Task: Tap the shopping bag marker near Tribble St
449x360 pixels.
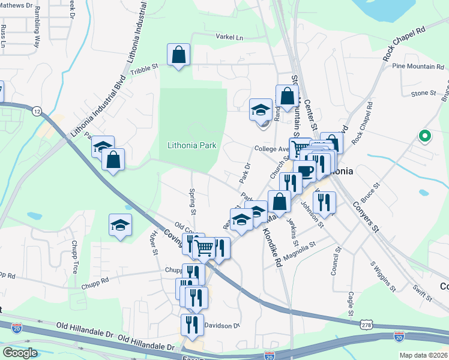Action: point(179,55)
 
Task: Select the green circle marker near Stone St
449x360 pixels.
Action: point(425,136)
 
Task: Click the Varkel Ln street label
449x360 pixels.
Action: point(230,37)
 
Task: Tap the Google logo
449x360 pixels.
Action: point(20,353)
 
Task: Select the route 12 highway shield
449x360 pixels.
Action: point(37,112)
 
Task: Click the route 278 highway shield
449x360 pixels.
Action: point(366,324)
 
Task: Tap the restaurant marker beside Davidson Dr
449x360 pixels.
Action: point(192,325)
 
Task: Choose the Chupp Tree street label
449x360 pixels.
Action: point(74,258)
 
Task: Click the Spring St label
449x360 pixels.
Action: point(193,202)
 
